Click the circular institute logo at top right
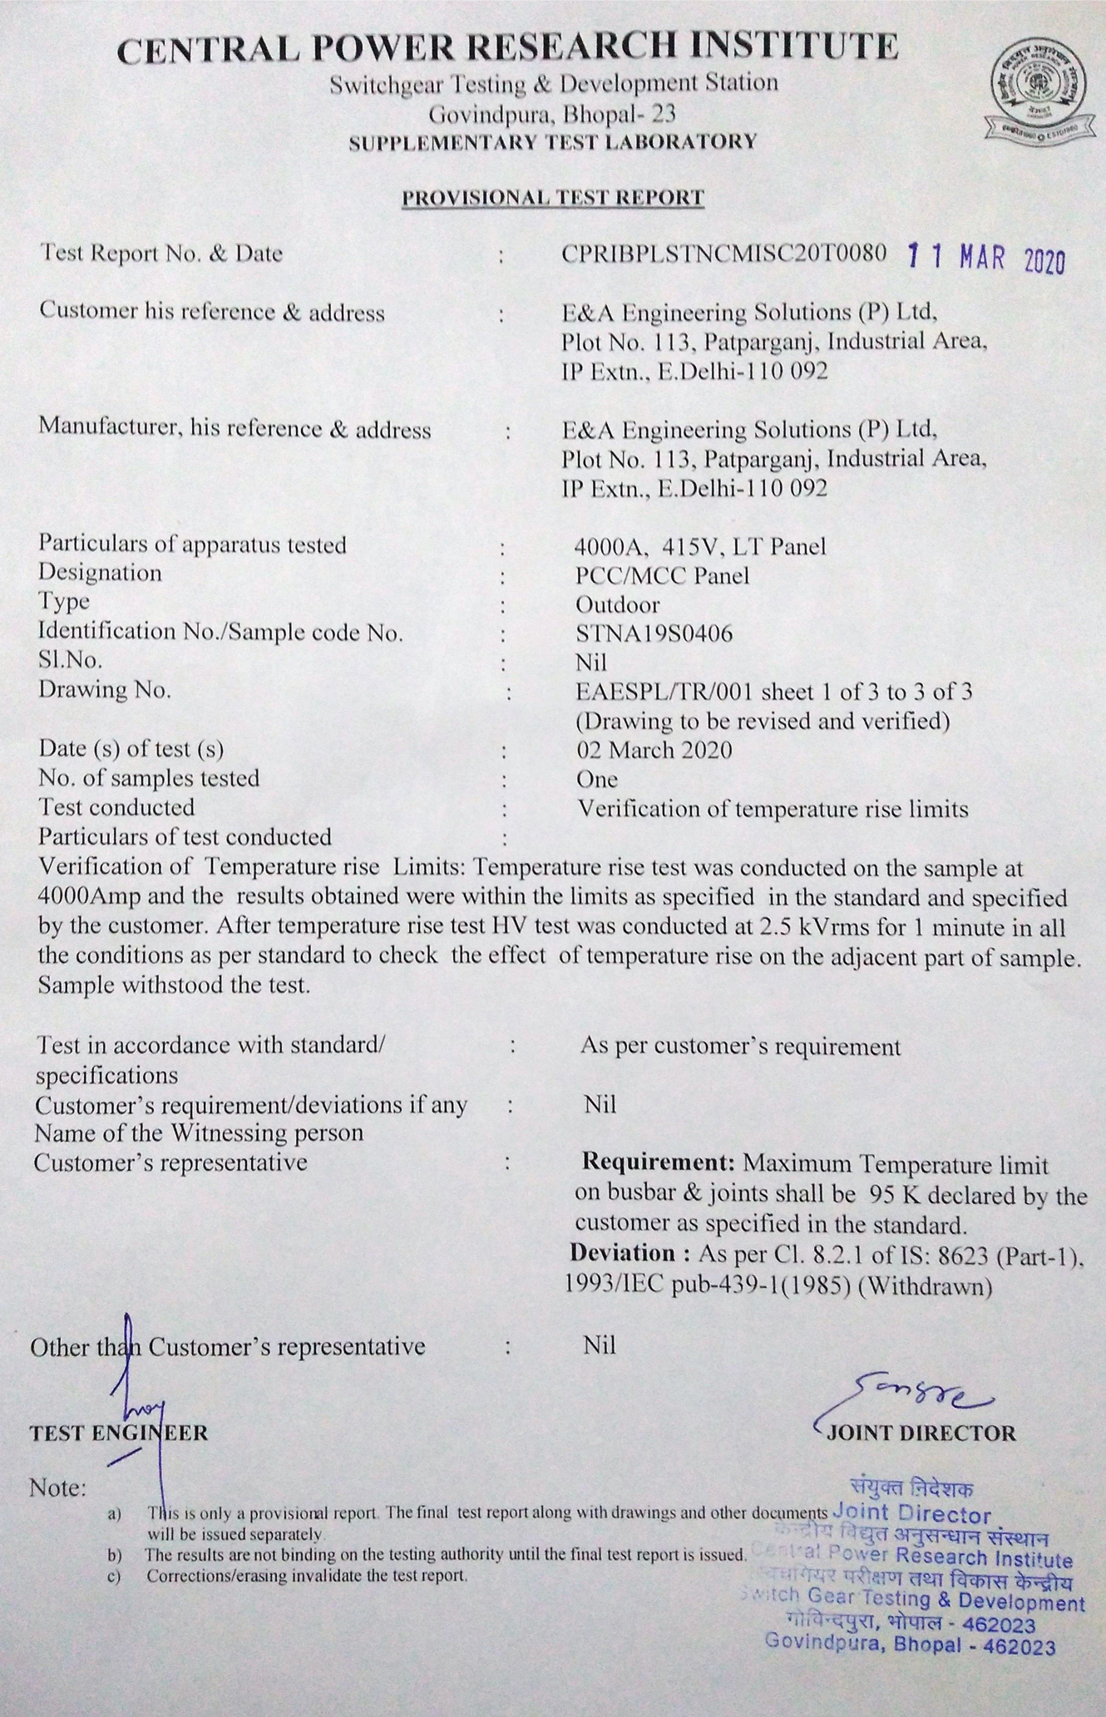tap(1036, 86)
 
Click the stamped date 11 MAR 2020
tap(985, 259)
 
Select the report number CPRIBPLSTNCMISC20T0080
tap(723, 254)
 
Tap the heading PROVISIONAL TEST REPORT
tap(553, 198)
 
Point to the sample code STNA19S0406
tap(654, 634)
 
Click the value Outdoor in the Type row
tap(617, 605)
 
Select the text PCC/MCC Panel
tap(662, 575)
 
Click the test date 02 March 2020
tap(654, 750)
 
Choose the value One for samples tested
tap(597, 779)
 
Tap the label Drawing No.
tap(105, 690)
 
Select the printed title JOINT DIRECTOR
tap(921, 1433)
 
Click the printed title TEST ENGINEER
tap(119, 1433)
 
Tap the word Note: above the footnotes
tap(57, 1488)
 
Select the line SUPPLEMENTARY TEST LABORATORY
tap(553, 142)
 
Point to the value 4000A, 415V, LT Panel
tap(700, 546)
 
